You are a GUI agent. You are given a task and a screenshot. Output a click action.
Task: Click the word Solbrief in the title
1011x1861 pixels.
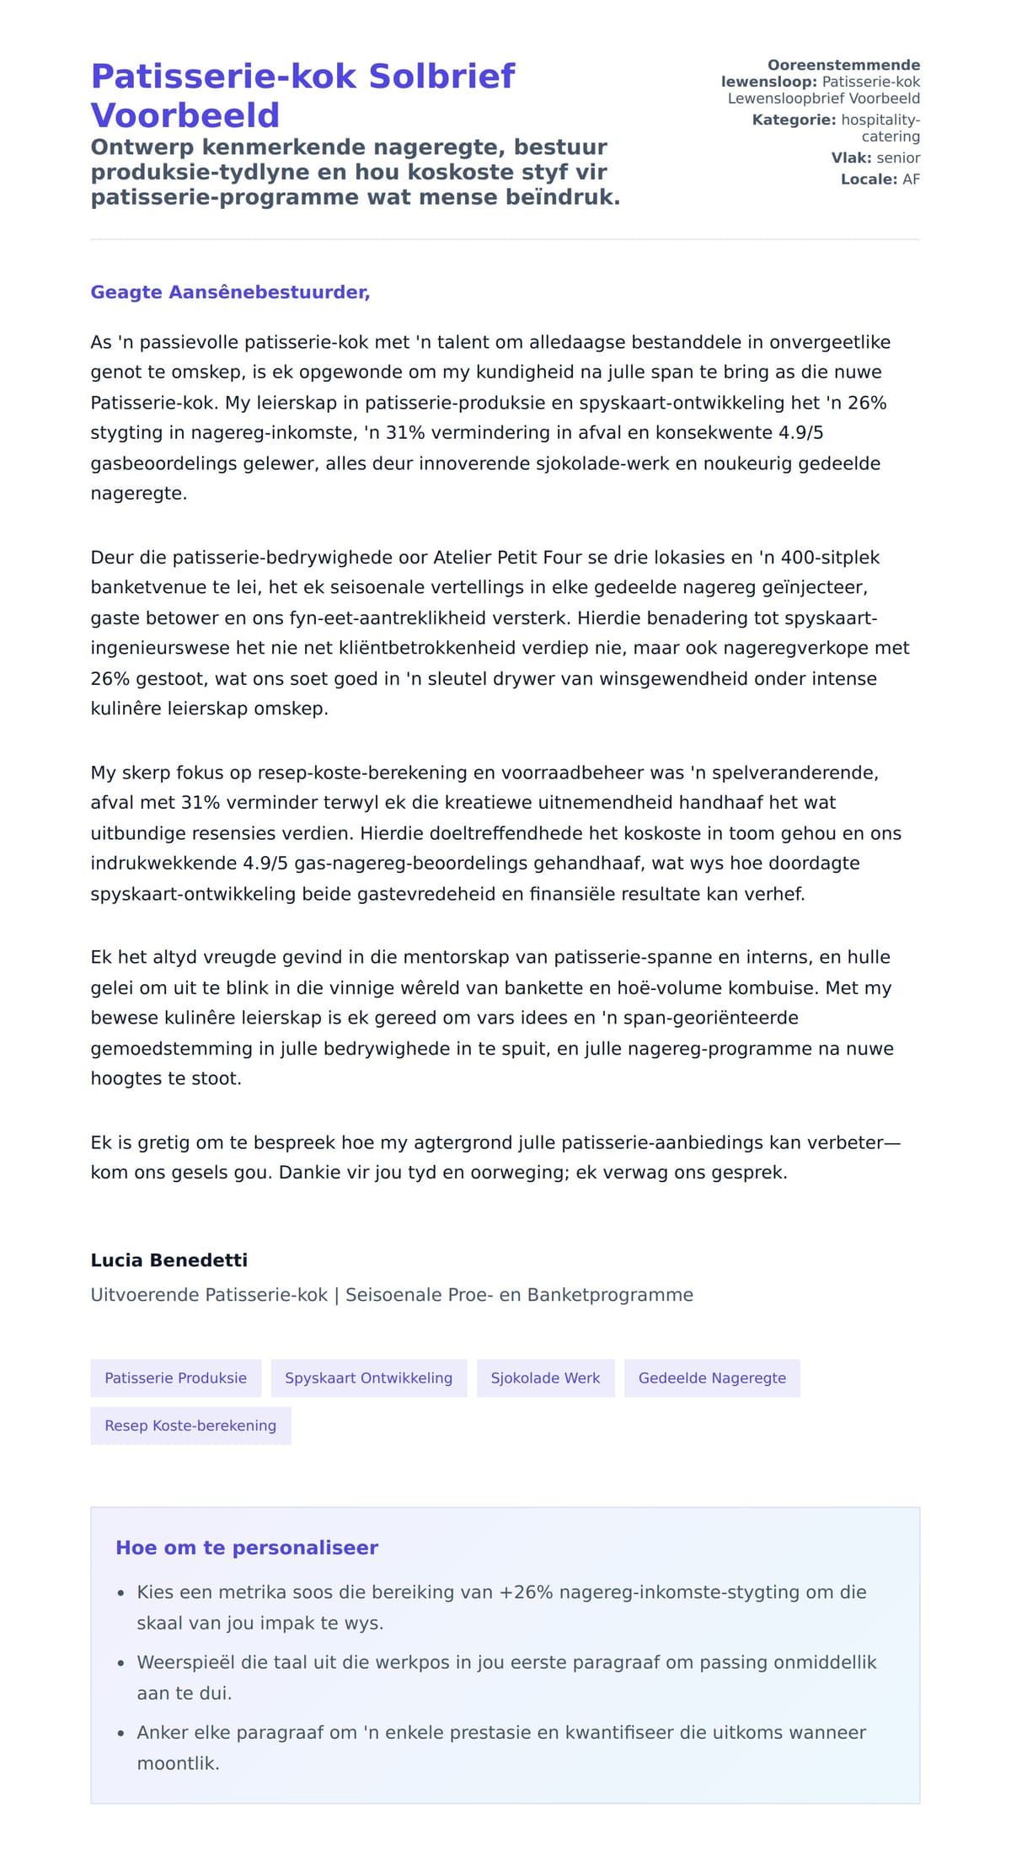[441, 77]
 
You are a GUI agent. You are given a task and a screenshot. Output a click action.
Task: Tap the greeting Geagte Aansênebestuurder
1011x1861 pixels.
[230, 292]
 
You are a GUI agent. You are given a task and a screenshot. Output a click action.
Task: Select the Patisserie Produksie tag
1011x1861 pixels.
[175, 1378]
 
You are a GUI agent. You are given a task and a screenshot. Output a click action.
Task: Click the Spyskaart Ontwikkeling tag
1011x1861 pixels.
[368, 1378]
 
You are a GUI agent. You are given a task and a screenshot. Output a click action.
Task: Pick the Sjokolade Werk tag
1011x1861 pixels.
[545, 1378]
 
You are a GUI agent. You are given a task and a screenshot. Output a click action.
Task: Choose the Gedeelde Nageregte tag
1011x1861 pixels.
[712, 1378]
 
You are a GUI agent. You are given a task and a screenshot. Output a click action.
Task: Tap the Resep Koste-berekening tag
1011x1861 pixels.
[190, 1425]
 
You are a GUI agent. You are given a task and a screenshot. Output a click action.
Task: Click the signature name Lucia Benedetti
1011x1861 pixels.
[168, 1260]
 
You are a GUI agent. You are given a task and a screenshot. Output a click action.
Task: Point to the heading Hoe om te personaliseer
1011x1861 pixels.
[246, 1548]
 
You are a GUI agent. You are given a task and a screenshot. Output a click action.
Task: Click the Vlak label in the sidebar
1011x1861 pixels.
[851, 158]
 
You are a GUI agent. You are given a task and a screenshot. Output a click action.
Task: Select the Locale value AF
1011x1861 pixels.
[911, 179]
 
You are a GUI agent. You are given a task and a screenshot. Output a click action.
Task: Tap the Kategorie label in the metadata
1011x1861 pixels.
[794, 120]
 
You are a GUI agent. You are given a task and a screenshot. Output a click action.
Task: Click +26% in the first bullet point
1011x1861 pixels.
[526, 1592]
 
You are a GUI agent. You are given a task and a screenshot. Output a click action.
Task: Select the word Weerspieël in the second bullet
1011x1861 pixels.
[187, 1662]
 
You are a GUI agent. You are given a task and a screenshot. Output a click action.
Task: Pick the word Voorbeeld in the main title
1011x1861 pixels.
[185, 115]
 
